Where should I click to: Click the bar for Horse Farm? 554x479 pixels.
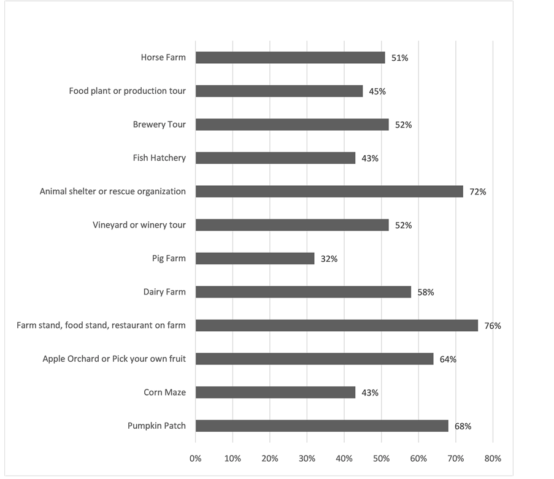[290, 58]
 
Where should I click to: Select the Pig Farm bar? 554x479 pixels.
[255, 259]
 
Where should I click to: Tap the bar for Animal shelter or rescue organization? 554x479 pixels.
[329, 191]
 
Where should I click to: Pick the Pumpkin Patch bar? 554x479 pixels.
[321, 426]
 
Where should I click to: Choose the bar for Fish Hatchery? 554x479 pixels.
[275, 158]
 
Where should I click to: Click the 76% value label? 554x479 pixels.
[493, 326]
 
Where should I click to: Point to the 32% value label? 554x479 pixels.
[329, 259]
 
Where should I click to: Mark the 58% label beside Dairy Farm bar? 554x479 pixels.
[426, 293]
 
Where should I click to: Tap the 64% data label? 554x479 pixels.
[448, 359]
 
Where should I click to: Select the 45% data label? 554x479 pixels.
[377, 91]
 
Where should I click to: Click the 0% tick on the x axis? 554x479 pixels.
[195, 458]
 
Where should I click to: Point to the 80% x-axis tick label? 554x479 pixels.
[493, 458]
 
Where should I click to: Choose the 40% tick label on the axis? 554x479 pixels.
[344, 458]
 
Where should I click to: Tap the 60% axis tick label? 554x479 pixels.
[418, 458]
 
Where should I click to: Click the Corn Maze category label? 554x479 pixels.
[164, 393]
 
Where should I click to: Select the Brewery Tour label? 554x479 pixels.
[160, 125]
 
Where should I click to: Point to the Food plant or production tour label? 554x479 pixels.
[127, 91]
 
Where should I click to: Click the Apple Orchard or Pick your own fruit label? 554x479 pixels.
[114, 359]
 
